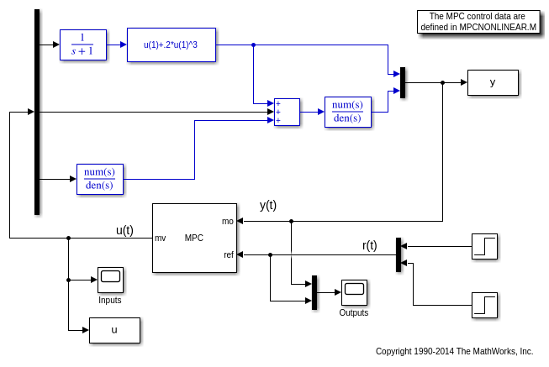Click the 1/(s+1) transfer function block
[83, 45]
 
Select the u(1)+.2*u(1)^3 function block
[172, 45]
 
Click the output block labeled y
[493, 82]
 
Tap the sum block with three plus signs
[287, 112]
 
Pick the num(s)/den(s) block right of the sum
[347, 111]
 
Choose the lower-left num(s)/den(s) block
[99, 178]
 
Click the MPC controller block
[194, 238]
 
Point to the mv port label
[160, 238]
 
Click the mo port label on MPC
[228, 221]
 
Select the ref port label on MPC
[229, 254]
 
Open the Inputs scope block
[110, 280]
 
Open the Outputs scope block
[354, 292]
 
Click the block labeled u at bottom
[114, 330]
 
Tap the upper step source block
[484, 246]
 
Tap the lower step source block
[484, 304]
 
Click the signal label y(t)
[267, 205]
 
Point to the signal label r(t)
[370, 245]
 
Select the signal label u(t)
[124, 230]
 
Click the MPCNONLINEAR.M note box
[478, 21]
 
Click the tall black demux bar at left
[37, 113]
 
